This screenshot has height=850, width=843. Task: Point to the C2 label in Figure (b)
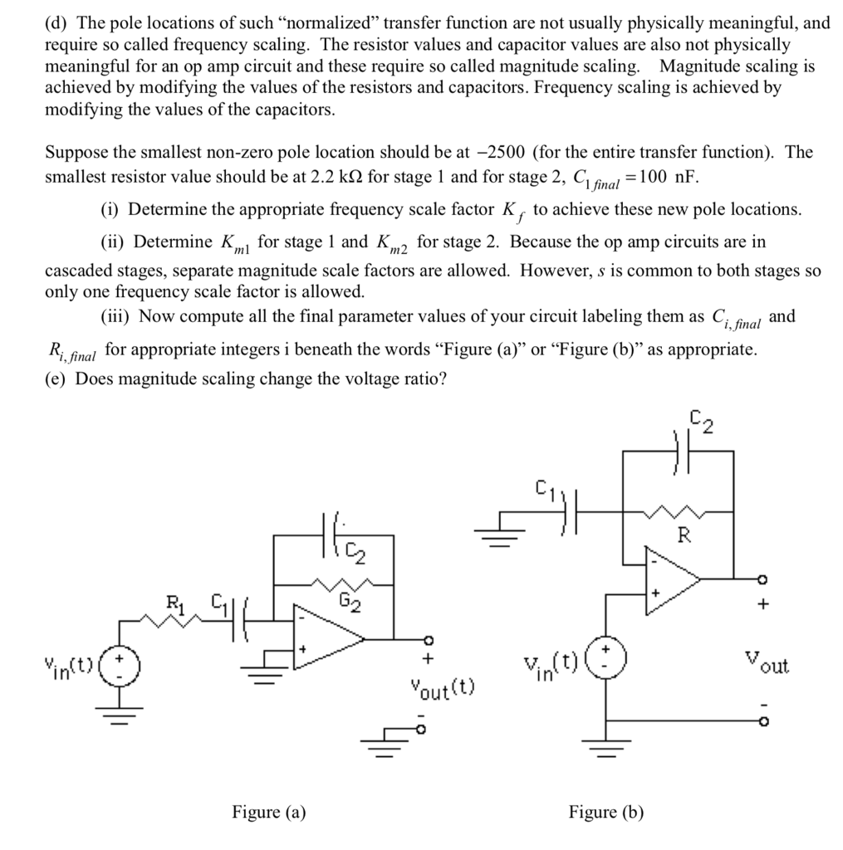click(702, 423)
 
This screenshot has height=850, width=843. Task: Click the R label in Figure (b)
click(684, 535)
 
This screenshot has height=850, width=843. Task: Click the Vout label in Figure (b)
click(767, 665)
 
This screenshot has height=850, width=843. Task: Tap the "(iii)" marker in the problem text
click(115, 317)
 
